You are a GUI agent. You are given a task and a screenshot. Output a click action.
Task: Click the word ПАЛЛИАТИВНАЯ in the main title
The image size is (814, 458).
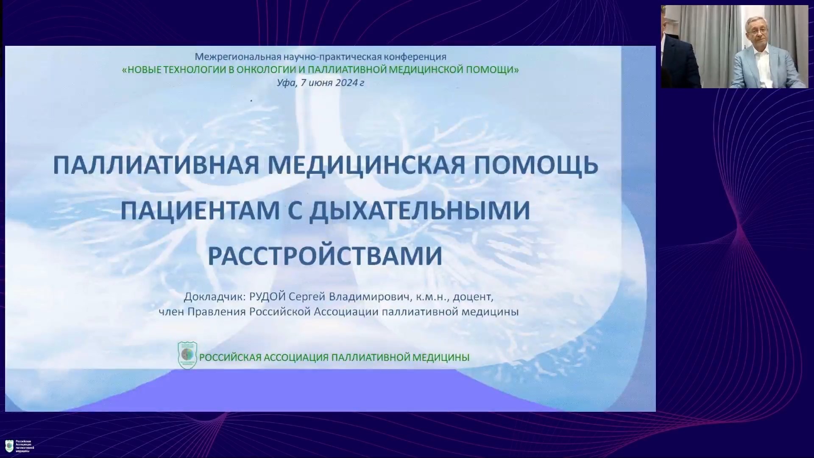[156, 165]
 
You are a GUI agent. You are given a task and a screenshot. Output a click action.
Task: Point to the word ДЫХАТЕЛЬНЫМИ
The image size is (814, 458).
[419, 210]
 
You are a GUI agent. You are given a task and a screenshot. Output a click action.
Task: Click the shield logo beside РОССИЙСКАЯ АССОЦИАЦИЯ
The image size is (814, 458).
[187, 355]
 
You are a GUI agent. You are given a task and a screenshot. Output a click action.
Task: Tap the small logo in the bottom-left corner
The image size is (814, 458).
[9, 446]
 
